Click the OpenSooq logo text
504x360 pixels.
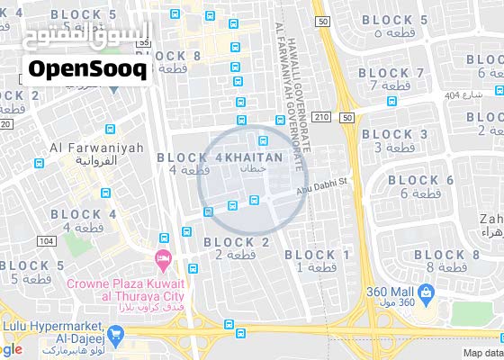pyautogui.click(x=87, y=69)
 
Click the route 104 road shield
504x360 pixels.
pyautogui.click(x=46, y=241)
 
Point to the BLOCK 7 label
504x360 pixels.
pyautogui.click(x=393, y=73)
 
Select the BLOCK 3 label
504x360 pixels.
pyautogui.click(x=394, y=134)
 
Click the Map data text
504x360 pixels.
pyautogui.click(x=481, y=353)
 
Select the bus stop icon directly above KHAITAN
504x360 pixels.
pyautogui.click(x=264, y=139)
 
